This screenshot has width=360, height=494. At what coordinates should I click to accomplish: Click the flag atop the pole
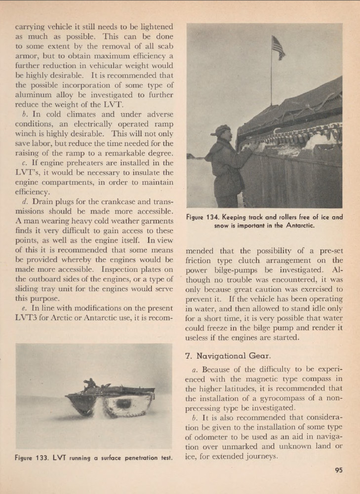click(278, 48)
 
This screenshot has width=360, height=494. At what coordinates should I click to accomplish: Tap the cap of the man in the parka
click(220, 129)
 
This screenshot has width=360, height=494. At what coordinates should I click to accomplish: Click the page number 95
click(338, 470)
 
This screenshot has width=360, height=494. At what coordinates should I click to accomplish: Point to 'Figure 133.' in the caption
click(32, 458)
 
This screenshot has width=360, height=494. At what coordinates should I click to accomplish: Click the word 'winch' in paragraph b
click(28, 133)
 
